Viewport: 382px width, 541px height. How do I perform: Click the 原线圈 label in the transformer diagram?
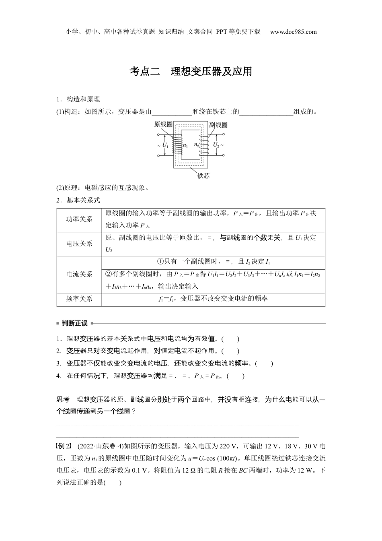click(x=163, y=125)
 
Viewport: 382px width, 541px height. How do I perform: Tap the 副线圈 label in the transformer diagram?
click(x=218, y=125)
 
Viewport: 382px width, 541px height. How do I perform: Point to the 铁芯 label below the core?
click(x=203, y=176)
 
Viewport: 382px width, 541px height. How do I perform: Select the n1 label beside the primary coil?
click(x=185, y=145)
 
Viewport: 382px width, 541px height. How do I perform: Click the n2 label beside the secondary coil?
click(x=197, y=145)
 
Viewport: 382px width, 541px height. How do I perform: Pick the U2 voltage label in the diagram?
click(x=216, y=145)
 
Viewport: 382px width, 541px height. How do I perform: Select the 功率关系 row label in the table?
click(x=79, y=219)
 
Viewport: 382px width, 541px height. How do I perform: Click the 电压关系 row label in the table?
click(x=79, y=244)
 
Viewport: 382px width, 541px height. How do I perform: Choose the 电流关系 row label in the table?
click(x=79, y=274)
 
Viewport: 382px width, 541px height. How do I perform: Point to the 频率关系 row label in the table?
click(x=79, y=299)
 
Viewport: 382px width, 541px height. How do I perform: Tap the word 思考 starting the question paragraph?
click(x=63, y=399)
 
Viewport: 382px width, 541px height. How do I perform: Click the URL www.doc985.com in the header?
click(x=294, y=32)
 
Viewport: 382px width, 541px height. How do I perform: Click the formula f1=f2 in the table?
click(x=166, y=299)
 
